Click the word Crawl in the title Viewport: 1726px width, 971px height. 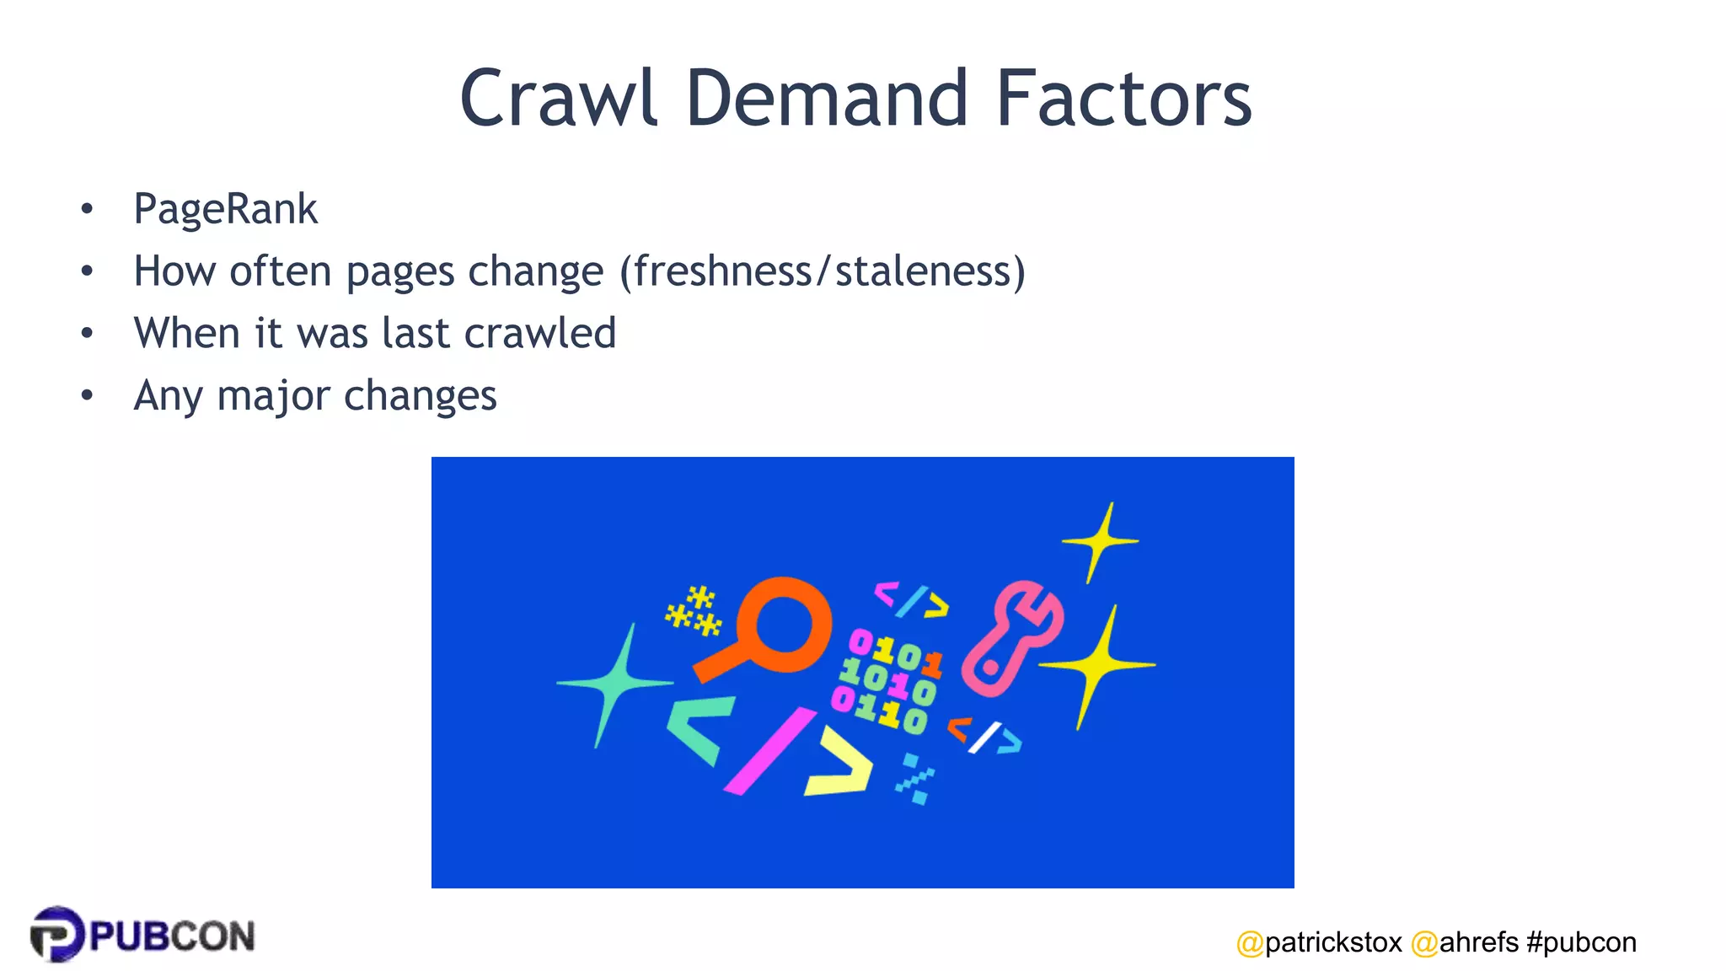coord(558,99)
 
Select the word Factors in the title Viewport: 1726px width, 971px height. coord(1124,99)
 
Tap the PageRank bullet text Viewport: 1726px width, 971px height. coord(226,209)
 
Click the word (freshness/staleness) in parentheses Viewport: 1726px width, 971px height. coord(823,271)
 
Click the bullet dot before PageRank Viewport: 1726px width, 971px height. coord(87,209)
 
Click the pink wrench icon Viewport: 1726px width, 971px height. coord(1011,636)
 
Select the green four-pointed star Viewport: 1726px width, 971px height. coord(615,684)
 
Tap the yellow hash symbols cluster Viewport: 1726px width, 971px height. coord(694,610)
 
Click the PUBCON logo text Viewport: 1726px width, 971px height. coord(172,936)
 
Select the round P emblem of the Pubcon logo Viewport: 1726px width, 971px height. coord(56,934)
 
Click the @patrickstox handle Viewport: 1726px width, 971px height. coord(1319,942)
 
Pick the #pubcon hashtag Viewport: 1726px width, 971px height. coord(1581,942)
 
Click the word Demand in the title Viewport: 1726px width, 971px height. coord(826,99)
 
